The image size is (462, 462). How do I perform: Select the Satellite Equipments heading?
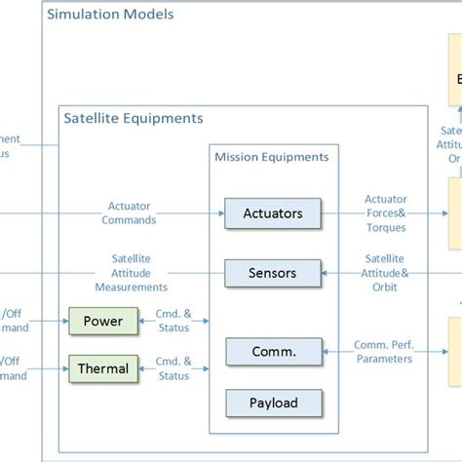point(134,118)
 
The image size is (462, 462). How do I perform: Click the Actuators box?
point(273,212)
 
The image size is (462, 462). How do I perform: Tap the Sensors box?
point(273,273)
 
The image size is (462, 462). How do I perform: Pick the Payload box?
point(273,401)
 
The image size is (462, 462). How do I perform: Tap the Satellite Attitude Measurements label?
point(131,273)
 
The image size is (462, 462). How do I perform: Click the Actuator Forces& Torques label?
point(386,212)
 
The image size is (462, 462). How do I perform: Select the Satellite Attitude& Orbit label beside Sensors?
point(386,273)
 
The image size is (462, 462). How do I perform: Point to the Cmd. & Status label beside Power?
point(173,320)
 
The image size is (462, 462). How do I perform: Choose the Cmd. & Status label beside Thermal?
point(173,368)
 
